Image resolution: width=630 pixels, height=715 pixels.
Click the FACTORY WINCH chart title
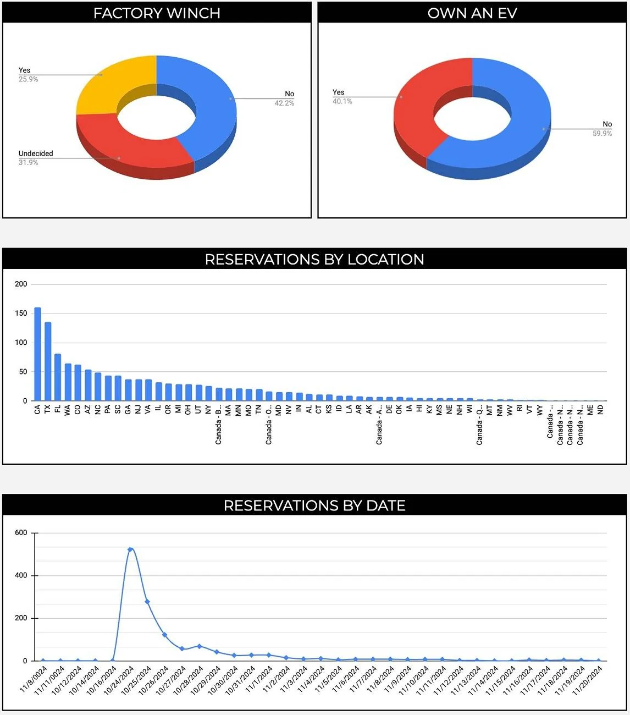157,13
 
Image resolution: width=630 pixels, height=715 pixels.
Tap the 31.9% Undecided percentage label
28,163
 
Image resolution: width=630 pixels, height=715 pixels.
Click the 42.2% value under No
284,103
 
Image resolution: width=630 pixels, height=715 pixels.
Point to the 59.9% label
602,134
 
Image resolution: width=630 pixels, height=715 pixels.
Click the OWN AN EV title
472,13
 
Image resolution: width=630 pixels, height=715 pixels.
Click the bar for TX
48,361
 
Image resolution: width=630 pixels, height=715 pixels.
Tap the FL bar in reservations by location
58,377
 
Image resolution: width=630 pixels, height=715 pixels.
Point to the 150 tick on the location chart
21,313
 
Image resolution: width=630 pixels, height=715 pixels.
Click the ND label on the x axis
600,410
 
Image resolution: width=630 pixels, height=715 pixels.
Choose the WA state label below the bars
68,410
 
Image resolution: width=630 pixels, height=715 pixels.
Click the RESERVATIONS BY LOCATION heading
314,260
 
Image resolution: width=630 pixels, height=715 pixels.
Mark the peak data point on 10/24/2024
130,549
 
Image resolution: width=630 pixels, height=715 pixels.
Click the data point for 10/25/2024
147,602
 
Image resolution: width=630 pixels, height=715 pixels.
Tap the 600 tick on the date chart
21,533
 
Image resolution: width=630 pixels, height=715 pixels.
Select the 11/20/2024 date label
588,680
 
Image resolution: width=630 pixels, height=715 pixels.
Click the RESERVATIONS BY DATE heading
314,505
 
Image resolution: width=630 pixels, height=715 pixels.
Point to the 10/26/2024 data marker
164,635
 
